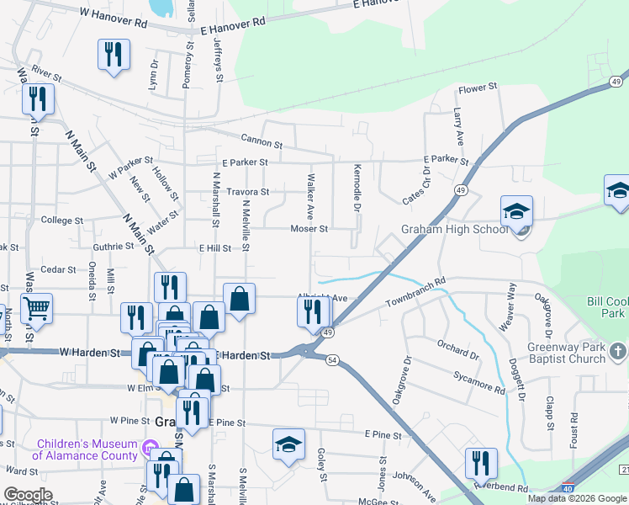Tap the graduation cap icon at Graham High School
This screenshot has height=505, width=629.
coord(516,210)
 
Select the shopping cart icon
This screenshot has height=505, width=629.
coord(36,309)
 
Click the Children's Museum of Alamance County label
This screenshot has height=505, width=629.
coord(87,449)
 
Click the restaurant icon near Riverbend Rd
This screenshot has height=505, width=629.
coord(481,463)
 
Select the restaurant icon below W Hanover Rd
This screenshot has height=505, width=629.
coord(113,55)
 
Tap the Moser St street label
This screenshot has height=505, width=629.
coord(309,229)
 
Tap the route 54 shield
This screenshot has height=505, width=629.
coord(333,360)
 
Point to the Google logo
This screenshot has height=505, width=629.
coord(27,495)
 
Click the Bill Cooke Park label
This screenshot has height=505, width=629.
coord(606,307)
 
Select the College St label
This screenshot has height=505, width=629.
coord(62,221)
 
